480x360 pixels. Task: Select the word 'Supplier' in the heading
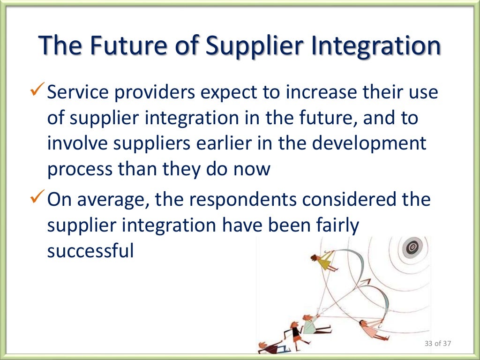click(249, 47)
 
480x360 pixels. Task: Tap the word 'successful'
click(90, 251)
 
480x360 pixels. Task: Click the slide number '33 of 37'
click(437, 344)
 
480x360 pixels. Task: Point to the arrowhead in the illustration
click(364, 283)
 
